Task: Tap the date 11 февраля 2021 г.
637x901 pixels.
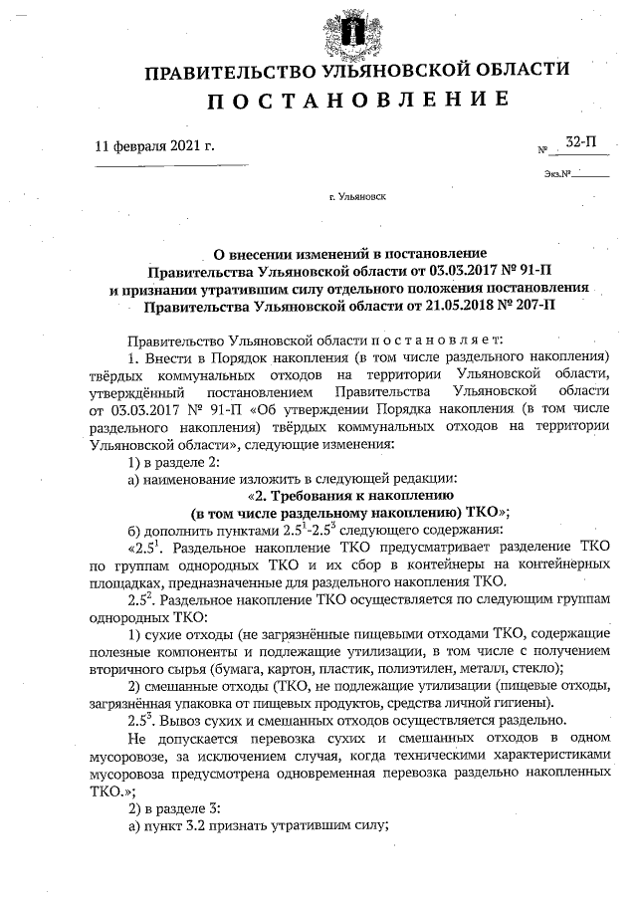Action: [154, 145]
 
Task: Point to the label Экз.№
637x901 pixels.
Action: [557, 174]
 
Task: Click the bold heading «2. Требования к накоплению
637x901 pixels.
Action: [349, 495]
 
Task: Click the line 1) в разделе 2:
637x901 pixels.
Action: [178, 461]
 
